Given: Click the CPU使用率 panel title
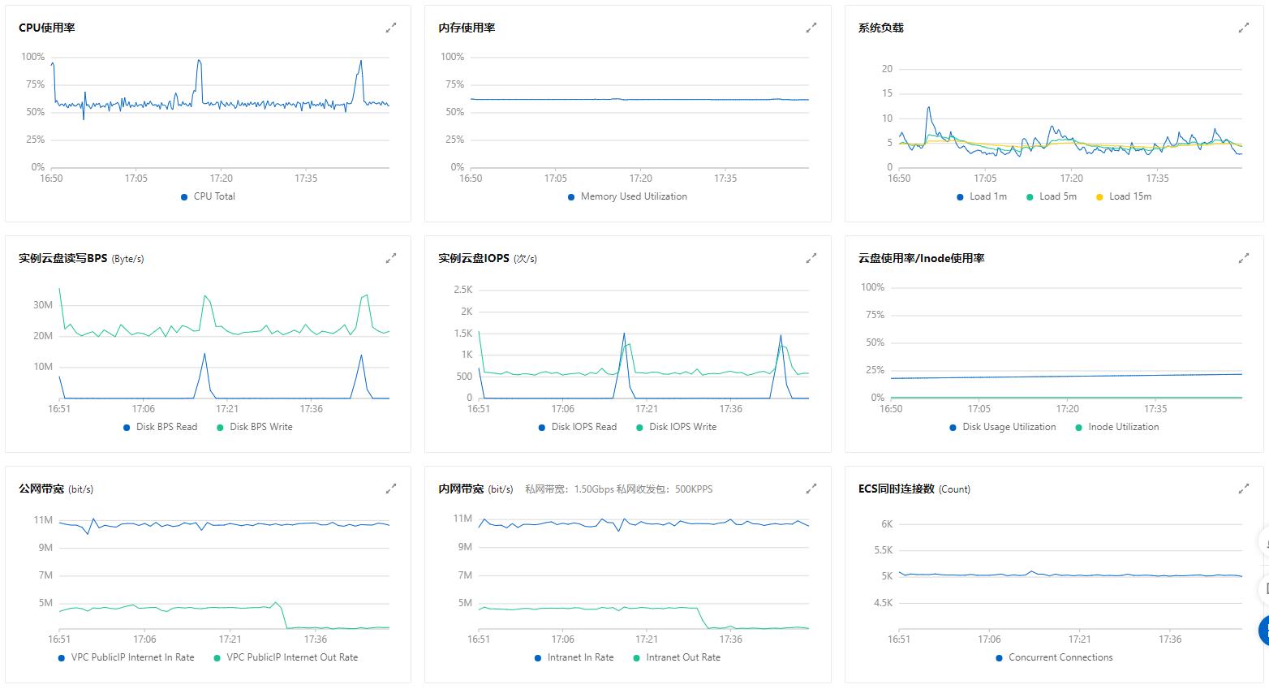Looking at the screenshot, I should [47, 28].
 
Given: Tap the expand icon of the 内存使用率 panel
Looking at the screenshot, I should [811, 28].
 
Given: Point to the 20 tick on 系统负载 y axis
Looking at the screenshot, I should [887, 69].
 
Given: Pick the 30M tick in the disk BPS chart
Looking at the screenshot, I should [43, 305].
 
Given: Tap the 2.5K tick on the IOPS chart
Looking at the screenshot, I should [462, 290].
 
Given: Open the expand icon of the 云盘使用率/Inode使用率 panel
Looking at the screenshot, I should [1243, 258].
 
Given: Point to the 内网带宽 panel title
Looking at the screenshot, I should [461, 489].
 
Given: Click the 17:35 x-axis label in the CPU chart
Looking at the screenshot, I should [306, 179].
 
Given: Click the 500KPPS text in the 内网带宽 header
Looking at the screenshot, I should [694, 489].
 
